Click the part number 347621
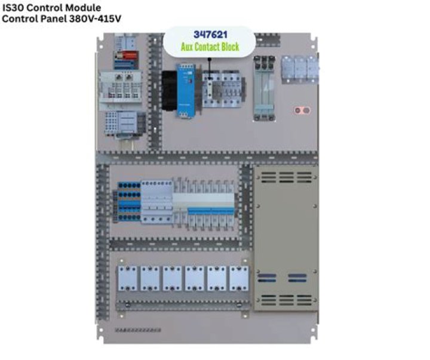[x=210, y=35]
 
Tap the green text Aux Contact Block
[x=210, y=46]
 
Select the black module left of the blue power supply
[x=169, y=90]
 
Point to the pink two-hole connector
[x=303, y=110]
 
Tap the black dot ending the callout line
[x=209, y=60]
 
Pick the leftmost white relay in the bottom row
[x=128, y=278]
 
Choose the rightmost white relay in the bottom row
[x=239, y=278]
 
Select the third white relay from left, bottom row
[x=173, y=278]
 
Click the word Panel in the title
[x=54, y=19]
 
